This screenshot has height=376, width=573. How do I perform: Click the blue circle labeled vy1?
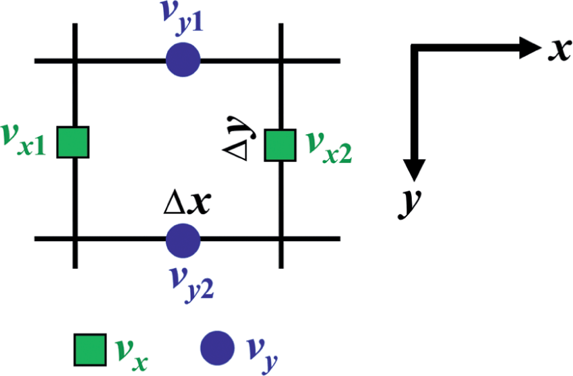(183, 60)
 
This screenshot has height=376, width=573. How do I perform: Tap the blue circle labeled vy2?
(183, 239)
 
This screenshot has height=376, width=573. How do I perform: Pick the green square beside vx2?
(280, 145)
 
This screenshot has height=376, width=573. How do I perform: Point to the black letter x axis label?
(557, 51)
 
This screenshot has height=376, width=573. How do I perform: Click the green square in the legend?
(89, 348)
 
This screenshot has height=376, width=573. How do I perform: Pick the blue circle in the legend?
(218, 347)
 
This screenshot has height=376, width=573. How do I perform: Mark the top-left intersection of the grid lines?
(74, 61)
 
